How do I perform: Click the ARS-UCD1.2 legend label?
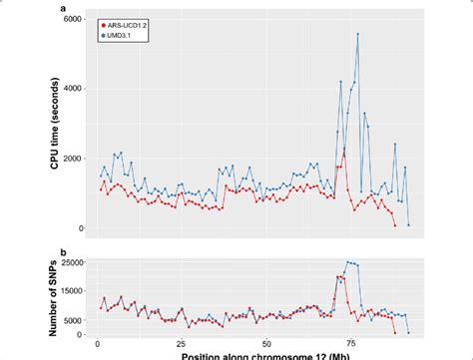pyautogui.click(x=130, y=20)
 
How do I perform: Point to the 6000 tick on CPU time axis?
pyautogui.click(x=73, y=19)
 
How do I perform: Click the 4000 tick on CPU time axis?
pyautogui.click(x=73, y=89)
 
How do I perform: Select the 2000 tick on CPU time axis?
pyautogui.click(x=73, y=159)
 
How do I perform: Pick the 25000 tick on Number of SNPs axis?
pyautogui.click(x=70, y=263)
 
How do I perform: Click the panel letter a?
pyautogui.click(x=64, y=7)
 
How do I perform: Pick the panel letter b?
pyautogui.click(x=64, y=249)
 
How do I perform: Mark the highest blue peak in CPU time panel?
pyautogui.click(x=357, y=34)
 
